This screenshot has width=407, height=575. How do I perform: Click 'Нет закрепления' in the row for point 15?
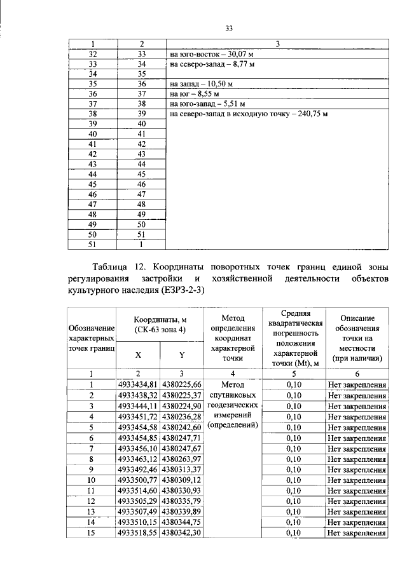click(x=357, y=534)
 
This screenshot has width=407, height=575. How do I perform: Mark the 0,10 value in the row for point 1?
click(x=293, y=384)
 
